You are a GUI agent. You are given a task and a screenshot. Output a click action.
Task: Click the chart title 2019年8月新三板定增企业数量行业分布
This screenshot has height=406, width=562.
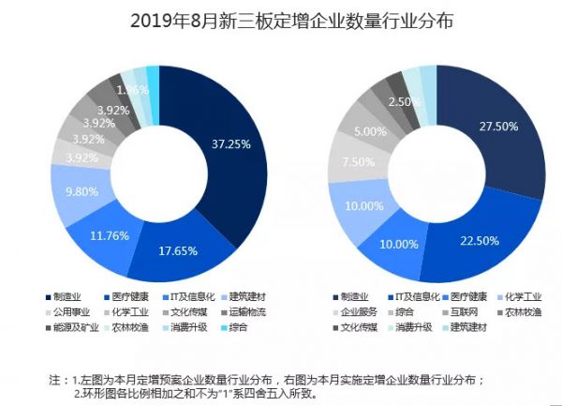pyautogui.click(x=280, y=20)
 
